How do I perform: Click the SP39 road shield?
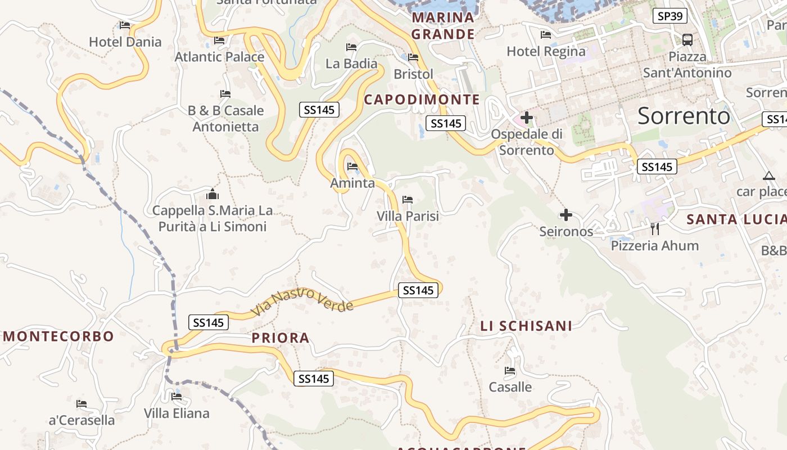coord(670,16)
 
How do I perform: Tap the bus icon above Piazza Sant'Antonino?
coord(687,40)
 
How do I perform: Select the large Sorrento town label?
coord(684,116)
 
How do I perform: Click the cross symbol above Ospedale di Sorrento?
coord(527,118)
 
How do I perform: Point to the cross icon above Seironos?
coord(566,215)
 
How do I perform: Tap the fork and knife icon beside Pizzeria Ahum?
coord(654,229)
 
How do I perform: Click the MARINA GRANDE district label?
coord(443,26)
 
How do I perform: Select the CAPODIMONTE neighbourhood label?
coord(422,100)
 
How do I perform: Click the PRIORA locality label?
coord(281,338)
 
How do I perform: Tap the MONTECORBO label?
coord(58,336)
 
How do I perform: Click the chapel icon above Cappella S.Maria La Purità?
coord(212,195)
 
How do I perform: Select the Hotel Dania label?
coord(125,42)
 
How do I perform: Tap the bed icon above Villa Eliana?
coord(177,397)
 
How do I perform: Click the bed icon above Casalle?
coord(510,371)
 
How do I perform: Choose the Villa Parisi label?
coord(408,216)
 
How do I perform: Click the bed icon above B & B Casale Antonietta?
coord(225,94)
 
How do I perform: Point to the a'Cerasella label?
coord(82,420)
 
